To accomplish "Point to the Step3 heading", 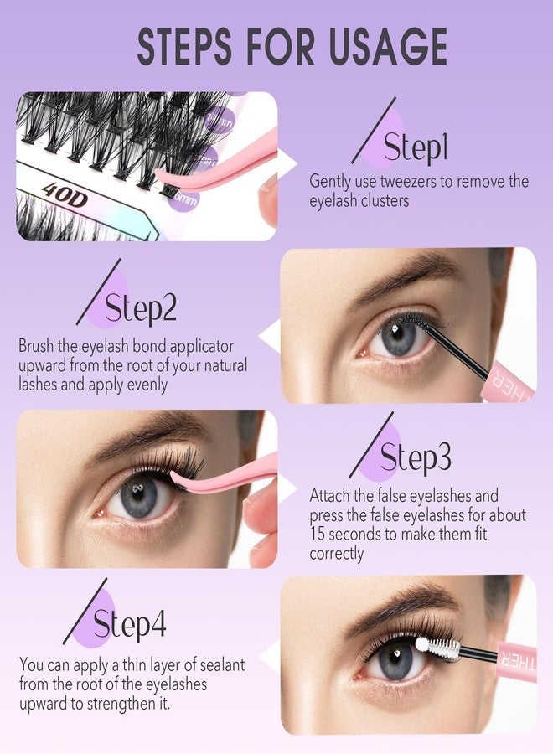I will (416, 457).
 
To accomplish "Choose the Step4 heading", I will (129, 623).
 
